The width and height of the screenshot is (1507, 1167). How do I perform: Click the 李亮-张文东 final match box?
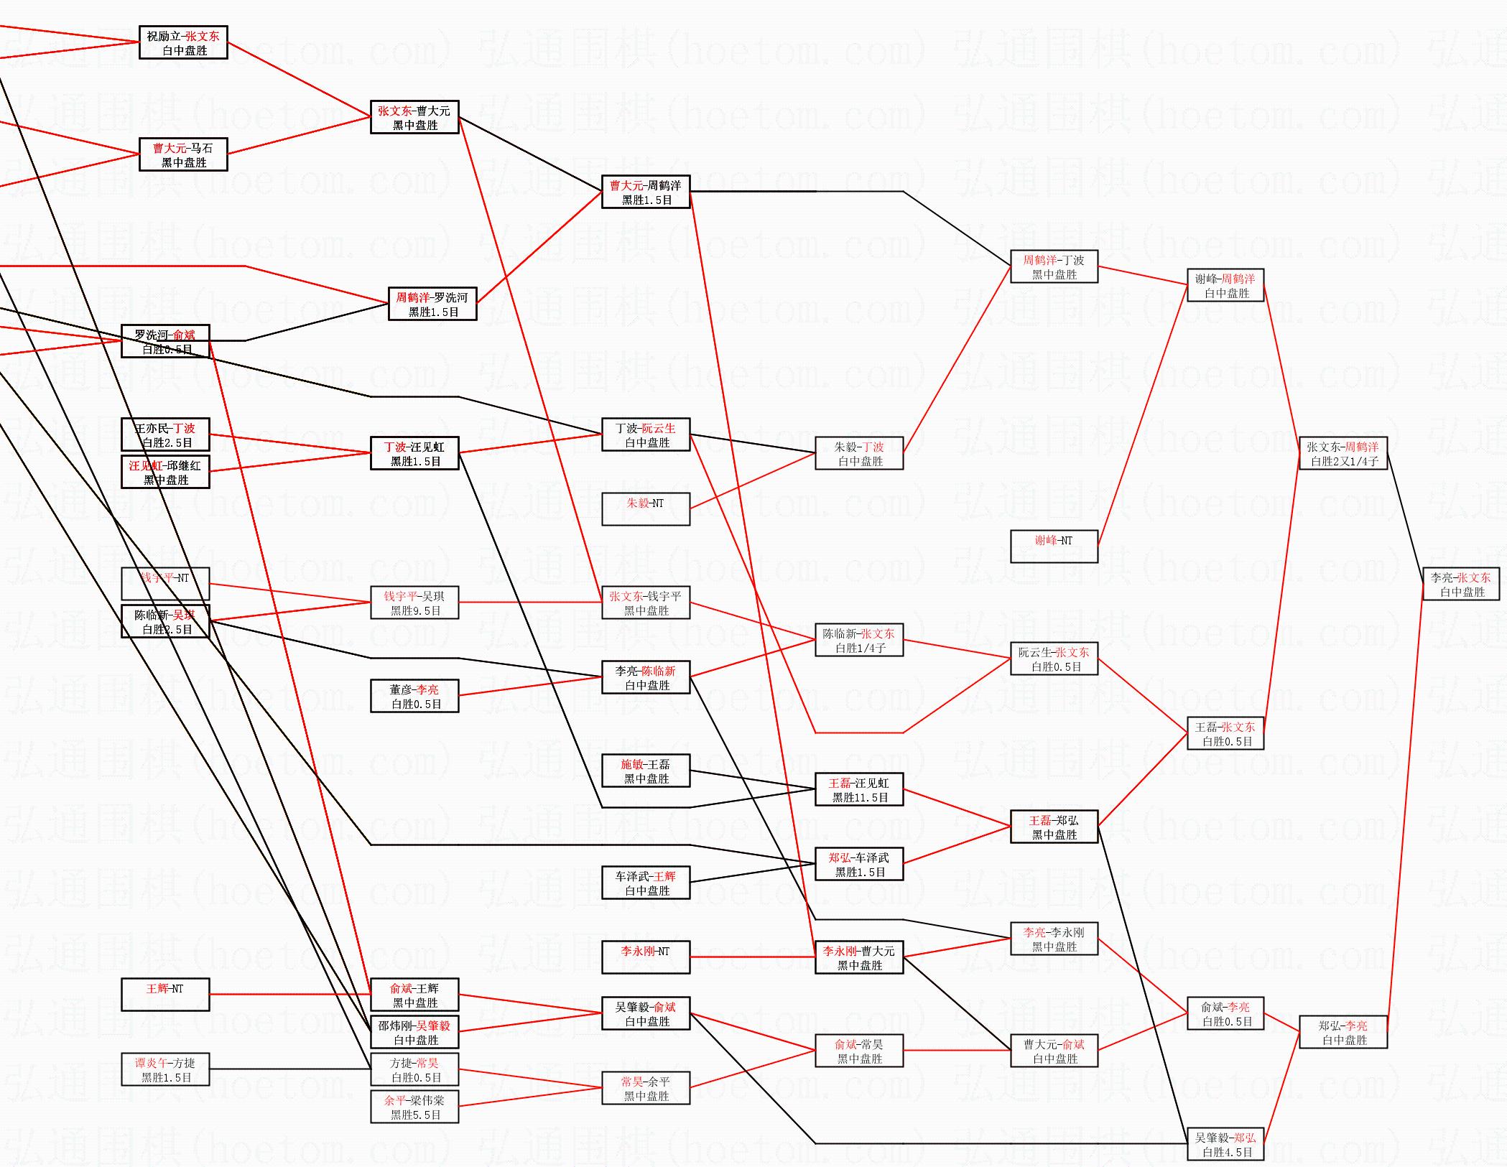pos(1461,585)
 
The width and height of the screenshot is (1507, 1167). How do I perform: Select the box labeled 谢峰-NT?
pos(1054,547)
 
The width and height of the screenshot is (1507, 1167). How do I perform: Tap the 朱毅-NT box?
pos(646,509)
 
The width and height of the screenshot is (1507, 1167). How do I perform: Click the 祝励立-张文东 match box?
pos(183,43)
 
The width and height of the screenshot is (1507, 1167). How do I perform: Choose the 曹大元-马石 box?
pos(183,155)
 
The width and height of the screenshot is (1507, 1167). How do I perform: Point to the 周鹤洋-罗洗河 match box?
pos(432,304)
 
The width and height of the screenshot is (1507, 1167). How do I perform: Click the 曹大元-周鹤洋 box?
pos(646,192)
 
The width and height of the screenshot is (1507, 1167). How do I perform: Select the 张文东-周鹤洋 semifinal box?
pos(1343,454)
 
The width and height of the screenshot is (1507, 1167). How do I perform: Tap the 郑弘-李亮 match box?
pos(1343,1033)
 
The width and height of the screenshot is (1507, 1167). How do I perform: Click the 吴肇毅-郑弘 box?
pos(1225,1145)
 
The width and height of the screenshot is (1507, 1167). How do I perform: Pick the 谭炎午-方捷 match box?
pos(165,1069)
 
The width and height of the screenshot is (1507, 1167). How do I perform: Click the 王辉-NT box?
pos(165,995)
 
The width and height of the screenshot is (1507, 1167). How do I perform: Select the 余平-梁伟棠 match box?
pos(414,1107)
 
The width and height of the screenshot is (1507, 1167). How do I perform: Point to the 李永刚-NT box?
pos(646,957)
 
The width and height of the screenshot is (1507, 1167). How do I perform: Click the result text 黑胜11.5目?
pos(860,797)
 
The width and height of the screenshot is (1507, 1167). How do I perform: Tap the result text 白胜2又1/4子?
pos(1344,462)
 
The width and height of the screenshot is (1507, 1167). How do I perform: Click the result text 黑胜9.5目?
pos(415,610)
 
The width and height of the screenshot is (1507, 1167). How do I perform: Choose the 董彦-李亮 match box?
pos(414,696)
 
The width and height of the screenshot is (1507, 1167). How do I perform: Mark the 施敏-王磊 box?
pos(646,771)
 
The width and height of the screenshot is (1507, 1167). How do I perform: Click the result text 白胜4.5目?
pos(1227,1152)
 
